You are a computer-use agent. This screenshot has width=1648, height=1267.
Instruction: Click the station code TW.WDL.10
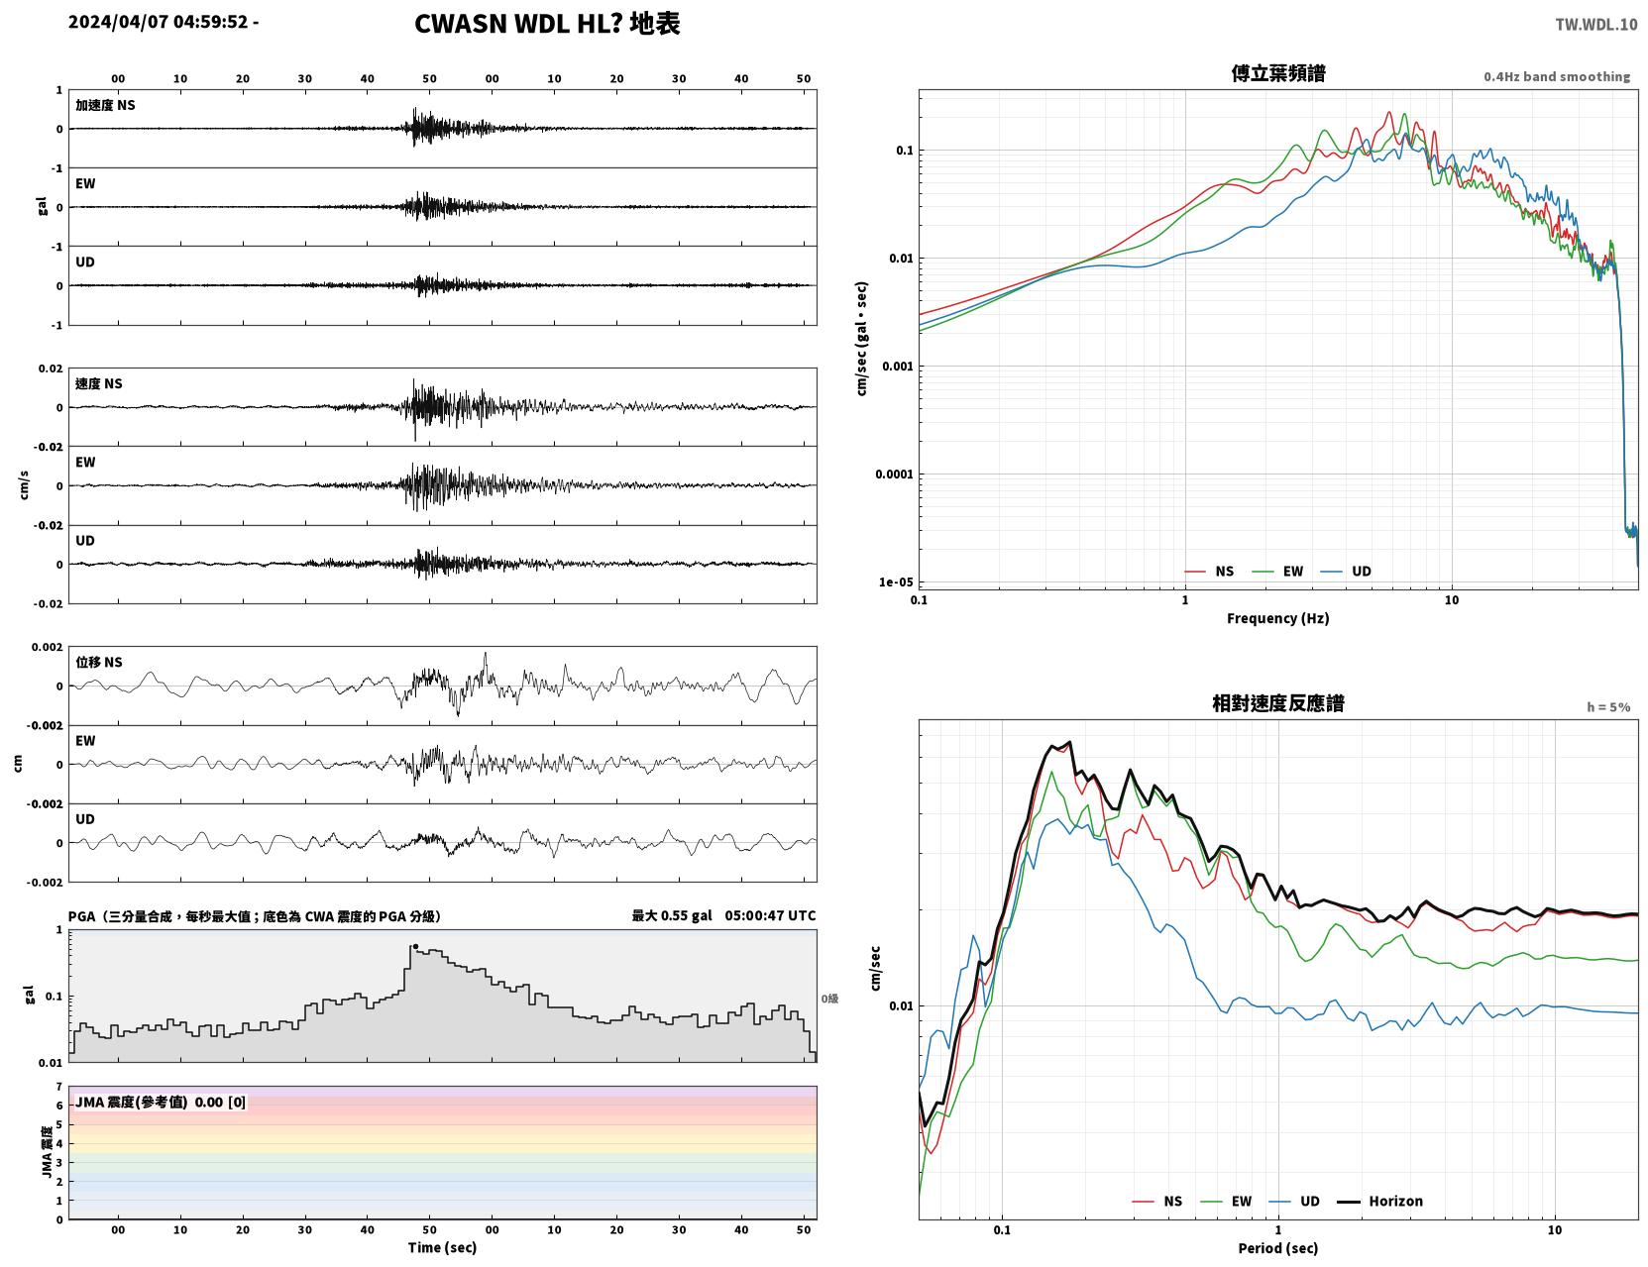1595,24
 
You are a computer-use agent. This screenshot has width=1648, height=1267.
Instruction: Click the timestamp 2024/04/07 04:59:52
158,21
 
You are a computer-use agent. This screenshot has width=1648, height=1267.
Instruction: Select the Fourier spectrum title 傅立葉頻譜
1277,73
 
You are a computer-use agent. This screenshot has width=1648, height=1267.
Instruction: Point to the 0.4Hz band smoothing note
1556,76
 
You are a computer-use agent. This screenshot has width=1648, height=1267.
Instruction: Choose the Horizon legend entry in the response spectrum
1379,1201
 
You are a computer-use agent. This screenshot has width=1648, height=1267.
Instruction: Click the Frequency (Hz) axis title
1277,617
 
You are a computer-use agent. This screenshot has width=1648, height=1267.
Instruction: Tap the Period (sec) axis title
1277,1247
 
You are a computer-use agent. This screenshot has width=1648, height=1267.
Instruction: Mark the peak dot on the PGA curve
415,946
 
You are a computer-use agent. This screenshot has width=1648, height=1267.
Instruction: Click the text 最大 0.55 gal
671,915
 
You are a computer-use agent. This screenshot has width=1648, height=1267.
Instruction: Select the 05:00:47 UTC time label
770,915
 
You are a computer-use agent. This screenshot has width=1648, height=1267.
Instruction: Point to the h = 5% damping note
1607,707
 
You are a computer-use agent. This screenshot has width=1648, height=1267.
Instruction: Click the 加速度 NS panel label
105,105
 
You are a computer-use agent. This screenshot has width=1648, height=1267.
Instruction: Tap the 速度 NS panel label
98,383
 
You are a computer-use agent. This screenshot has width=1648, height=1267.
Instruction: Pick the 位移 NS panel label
98,662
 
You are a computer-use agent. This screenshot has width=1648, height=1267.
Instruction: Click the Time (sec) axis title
442,1246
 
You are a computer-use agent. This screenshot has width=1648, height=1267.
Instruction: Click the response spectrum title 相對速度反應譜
1277,703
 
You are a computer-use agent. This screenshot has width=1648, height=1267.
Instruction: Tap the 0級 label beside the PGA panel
828,999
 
